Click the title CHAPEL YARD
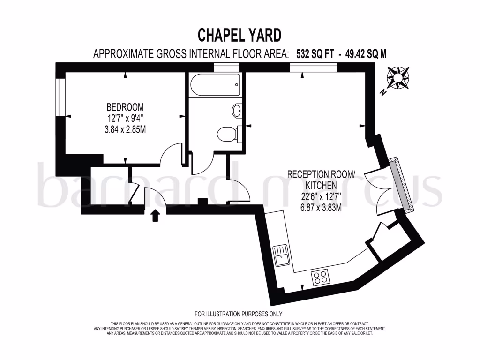click(240, 35)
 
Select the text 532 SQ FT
click(315, 54)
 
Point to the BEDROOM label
click(125, 107)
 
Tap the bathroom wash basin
click(237, 111)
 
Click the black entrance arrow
click(156, 215)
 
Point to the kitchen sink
click(283, 255)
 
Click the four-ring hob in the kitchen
click(320, 277)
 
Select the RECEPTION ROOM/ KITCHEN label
click(322, 180)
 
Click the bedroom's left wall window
click(60, 97)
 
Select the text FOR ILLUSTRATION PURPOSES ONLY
click(238, 314)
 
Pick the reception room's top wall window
click(313, 67)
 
